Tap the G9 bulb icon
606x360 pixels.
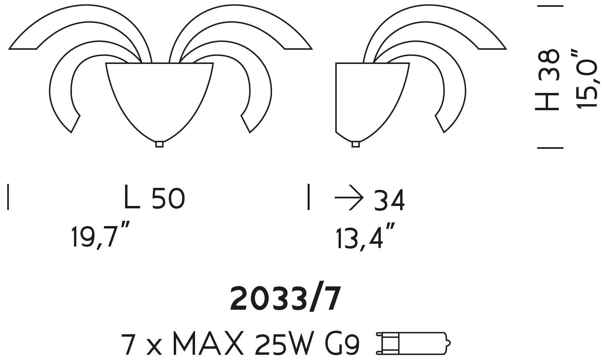413,343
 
